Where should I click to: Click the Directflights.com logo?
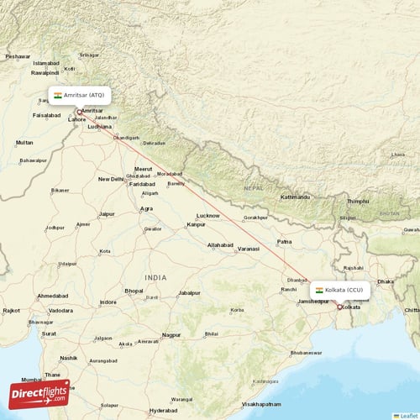click(39, 392)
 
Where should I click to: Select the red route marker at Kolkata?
click(339, 307)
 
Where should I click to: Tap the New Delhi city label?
click(111, 179)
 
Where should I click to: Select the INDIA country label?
click(155, 277)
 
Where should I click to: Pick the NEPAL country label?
click(253, 188)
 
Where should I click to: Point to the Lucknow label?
click(207, 215)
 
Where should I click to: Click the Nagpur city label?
click(171, 334)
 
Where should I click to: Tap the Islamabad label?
click(46, 63)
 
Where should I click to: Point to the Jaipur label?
click(107, 213)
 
